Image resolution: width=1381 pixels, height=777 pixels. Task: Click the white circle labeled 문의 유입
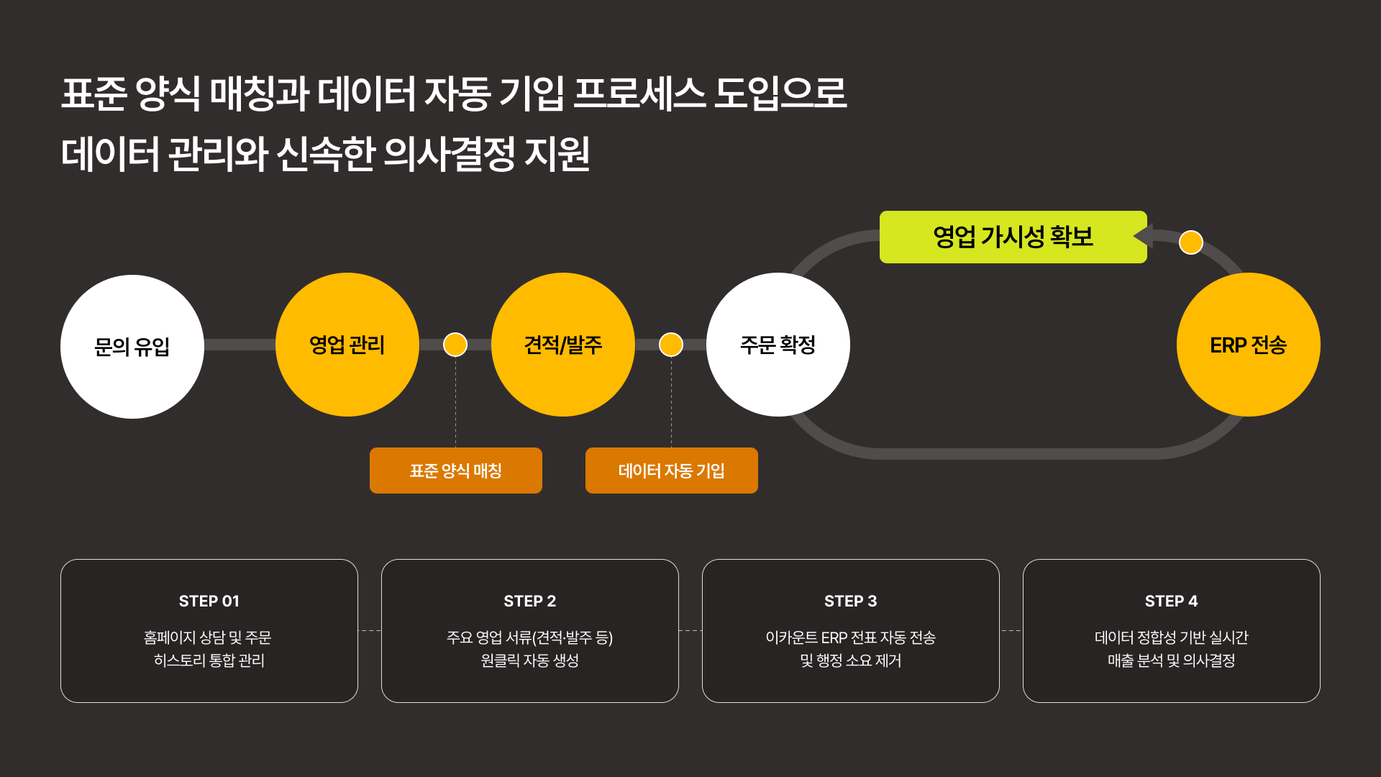(x=132, y=346)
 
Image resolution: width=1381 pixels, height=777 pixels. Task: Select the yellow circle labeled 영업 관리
(x=347, y=345)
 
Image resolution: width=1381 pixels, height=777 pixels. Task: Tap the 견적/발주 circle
(x=563, y=345)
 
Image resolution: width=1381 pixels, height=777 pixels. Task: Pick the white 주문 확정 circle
(x=778, y=345)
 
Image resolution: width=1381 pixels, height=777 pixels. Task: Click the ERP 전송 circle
(x=1248, y=345)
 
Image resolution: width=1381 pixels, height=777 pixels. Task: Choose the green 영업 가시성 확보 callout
(x=1013, y=237)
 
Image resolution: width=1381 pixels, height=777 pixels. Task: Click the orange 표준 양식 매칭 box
(x=456, y=471)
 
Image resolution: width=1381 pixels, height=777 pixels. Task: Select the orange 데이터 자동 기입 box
(x=672, y=471)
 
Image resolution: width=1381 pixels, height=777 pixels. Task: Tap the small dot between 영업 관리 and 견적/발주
(x=455, y=345)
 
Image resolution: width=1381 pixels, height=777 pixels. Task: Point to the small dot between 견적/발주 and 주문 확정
(x=671, y=345)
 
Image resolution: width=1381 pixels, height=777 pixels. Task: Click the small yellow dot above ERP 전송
(x=1191, y=242)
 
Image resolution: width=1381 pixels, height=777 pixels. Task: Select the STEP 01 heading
(x=209, y=601)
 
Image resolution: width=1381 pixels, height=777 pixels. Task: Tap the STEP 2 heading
(x=530, y=601)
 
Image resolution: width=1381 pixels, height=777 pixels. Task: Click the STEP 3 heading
(x=851, y=601)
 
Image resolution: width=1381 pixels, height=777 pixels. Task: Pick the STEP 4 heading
(x=1172, y=601)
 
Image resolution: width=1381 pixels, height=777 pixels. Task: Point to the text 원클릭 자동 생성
(x=530, y=660)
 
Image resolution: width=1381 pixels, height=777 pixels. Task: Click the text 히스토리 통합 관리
(x=209, y=660)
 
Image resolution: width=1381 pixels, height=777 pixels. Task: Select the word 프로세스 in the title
(x=639, y=94)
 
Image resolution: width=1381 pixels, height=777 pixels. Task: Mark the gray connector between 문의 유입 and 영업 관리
(x=240, y=345)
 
